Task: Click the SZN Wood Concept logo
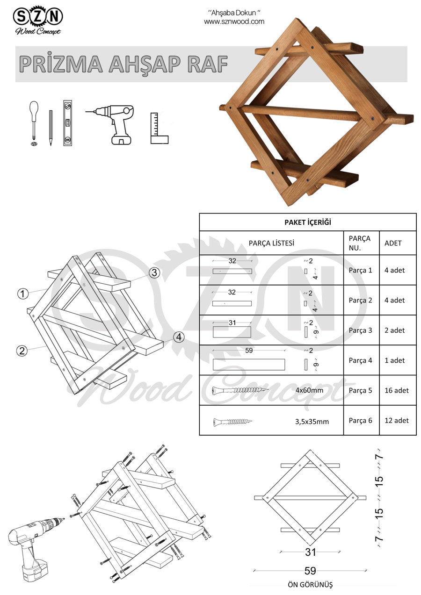point(38,21)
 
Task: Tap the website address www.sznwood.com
point(234,22)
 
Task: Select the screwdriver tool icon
point(34,123)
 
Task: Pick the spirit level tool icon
point(69,123)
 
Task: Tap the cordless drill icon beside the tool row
point(115,122)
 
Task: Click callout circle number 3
point(155,273)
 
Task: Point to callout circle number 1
point(23,294)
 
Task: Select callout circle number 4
point(178,337)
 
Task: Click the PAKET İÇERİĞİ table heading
point(307,222)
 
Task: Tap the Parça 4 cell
point(360,360)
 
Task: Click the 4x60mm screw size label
point(309,390)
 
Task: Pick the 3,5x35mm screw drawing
point(232,422)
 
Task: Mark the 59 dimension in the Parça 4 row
point(249,350)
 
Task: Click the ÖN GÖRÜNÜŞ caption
point(310,584)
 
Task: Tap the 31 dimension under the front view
point(310,552)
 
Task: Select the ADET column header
point(393,243)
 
